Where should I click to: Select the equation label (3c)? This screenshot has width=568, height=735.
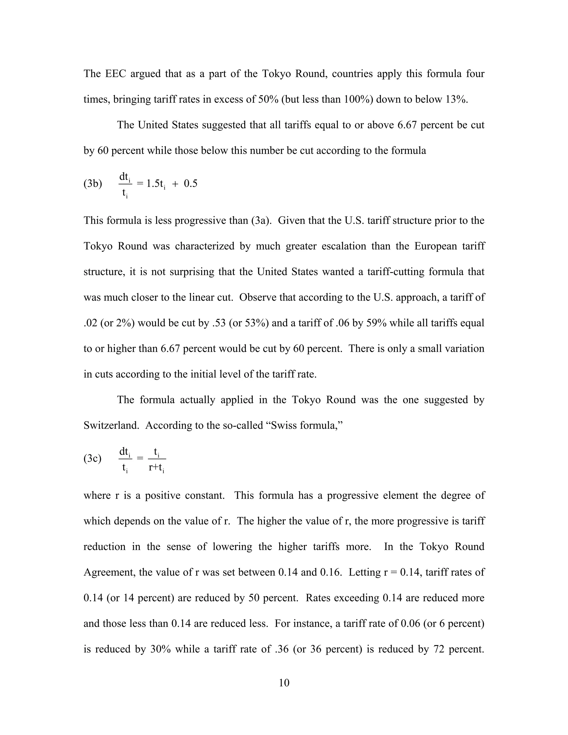pos(93,459)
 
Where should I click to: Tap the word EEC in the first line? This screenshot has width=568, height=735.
pos(115,74)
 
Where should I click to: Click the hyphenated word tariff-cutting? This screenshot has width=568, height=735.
pos(396,272)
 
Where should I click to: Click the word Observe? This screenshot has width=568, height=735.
pos(256,297)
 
